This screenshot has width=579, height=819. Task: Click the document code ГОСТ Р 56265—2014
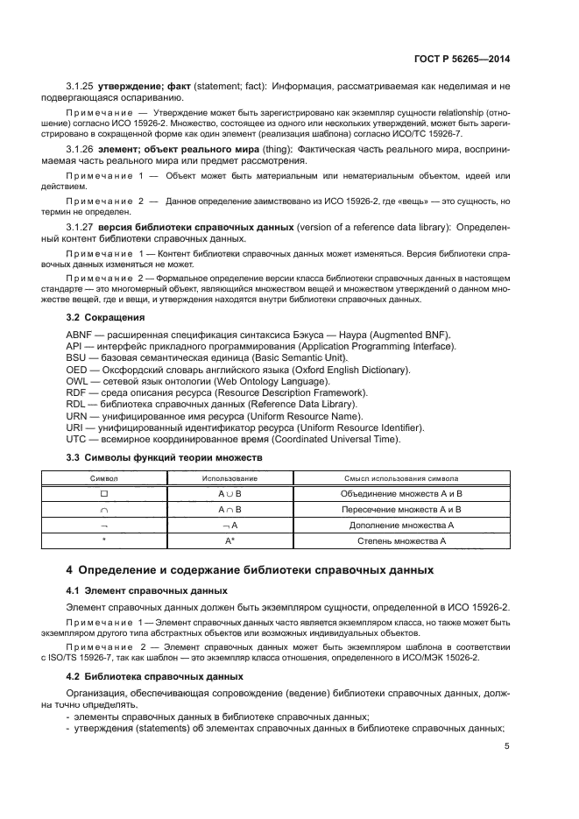(461, 59)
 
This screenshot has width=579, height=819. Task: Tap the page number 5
(507, 746)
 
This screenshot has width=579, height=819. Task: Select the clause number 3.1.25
(81, 87)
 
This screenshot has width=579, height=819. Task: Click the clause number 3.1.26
(81, 151)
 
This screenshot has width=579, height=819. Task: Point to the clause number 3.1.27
(81, 228)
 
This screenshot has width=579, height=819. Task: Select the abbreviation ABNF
(81, 335)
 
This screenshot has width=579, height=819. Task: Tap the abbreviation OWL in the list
(78, 381)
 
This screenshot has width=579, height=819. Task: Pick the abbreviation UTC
(77, 439)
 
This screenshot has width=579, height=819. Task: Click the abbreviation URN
(78, 416)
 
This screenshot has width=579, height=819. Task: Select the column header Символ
(103, 479)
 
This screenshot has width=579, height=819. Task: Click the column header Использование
(230, 479)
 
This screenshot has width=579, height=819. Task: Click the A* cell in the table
(230, 541)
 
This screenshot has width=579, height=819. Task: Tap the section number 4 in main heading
(71, 570)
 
